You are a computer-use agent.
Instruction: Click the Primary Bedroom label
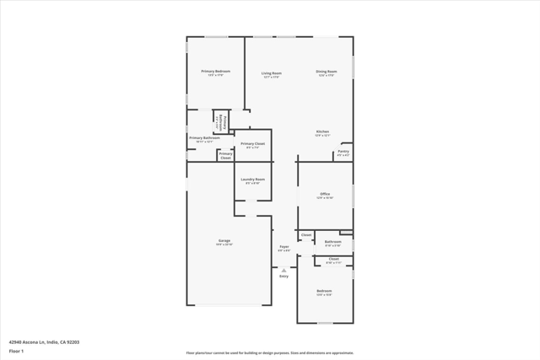coord(215,73)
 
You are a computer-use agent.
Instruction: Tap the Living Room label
coord(271,74)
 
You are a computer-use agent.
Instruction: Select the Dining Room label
coord(327,73)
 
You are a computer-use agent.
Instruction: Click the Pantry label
coord(343,153)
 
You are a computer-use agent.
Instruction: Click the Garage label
coord(224,242)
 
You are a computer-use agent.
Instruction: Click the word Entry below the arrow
coord(283,276)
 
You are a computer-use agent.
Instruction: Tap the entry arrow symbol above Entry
coord(283,269)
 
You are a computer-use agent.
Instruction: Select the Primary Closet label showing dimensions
coord(252,145)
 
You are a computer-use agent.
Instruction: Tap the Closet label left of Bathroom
coord(306,235)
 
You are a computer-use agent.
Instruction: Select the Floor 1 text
coord(16,351)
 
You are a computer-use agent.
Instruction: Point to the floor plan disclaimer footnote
coord(270,353)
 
